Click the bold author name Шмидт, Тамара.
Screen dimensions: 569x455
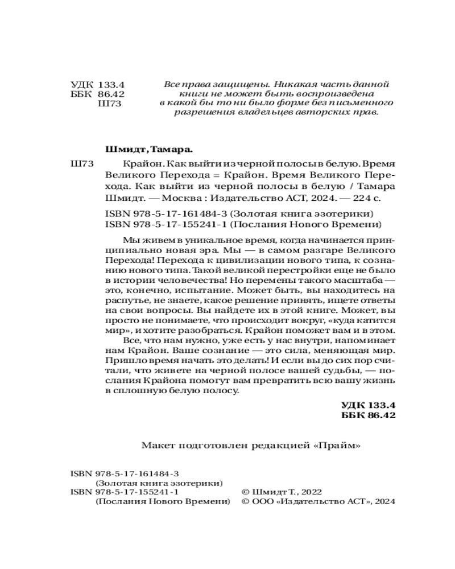[150, 151]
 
